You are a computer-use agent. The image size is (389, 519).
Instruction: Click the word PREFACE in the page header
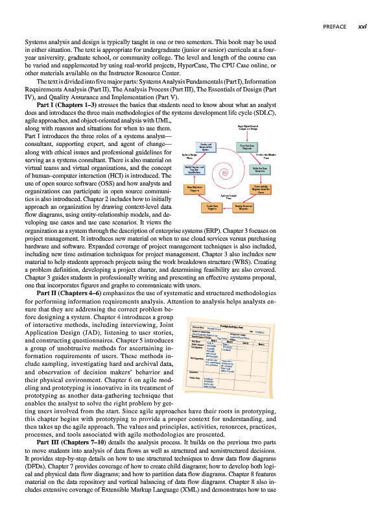[x=335, y=27]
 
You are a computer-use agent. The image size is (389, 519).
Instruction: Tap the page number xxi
[x=363, y=27]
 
